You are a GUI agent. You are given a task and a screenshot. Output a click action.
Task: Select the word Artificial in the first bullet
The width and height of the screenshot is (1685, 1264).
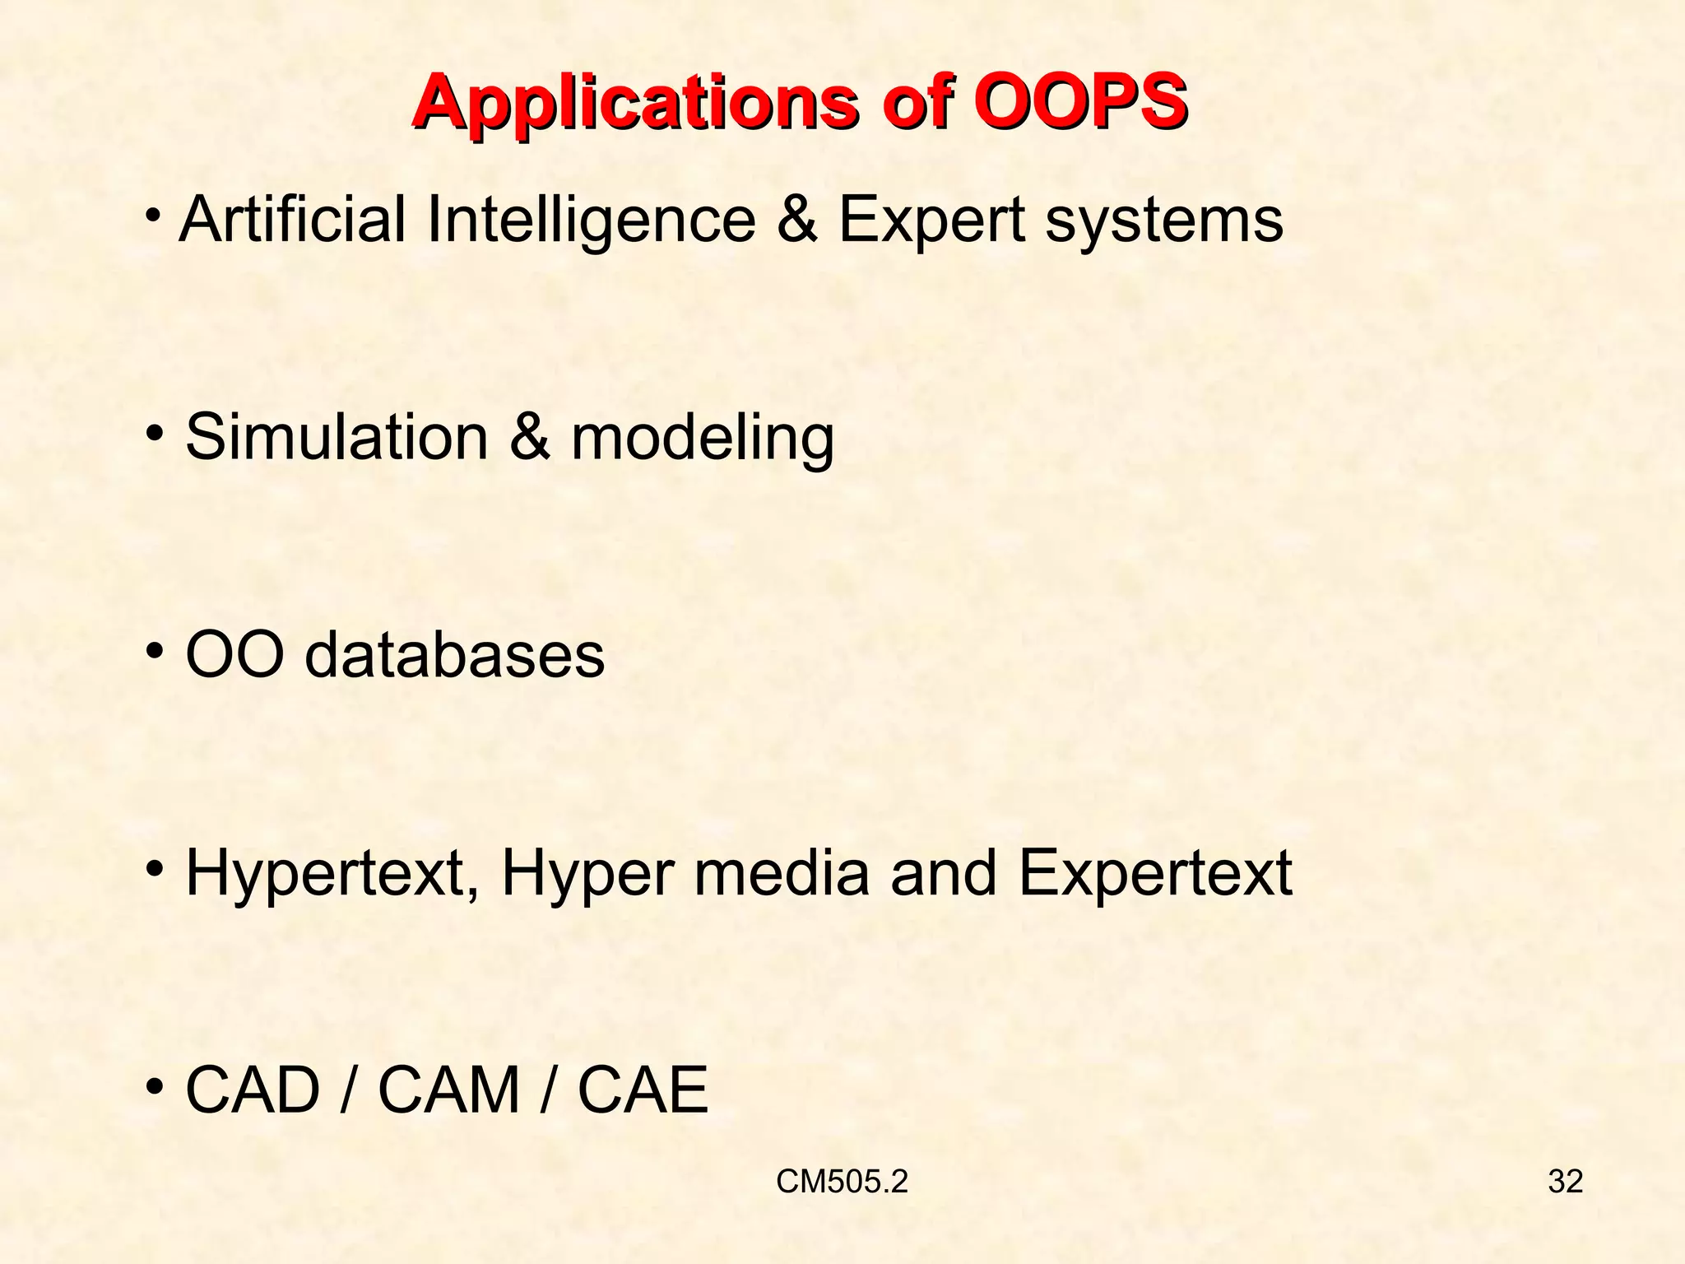pos(293,220)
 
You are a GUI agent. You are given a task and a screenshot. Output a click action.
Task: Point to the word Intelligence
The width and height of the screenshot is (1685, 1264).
pos(591,221)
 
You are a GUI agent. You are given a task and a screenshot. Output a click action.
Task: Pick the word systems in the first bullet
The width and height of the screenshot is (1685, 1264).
pos(1164,221)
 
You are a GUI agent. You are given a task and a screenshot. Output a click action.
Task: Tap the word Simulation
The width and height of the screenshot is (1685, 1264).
pos(337,437)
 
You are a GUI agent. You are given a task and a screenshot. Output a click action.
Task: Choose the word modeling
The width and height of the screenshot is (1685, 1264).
pos(703,439)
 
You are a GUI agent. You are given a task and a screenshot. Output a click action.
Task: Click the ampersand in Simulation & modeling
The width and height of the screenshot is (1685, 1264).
pos(529,437)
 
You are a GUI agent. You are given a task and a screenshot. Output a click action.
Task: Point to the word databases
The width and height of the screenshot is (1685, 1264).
pos(455,655)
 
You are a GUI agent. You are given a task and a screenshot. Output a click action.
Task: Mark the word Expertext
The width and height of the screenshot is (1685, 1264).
pos(1155,874)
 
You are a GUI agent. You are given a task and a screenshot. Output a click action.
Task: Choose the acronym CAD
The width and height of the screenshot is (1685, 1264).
pos(253,1090)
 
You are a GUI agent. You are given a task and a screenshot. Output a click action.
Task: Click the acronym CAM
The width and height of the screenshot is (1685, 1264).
pos(449,1090)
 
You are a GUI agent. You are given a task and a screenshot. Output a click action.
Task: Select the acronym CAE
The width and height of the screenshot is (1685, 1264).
pos(643,1090)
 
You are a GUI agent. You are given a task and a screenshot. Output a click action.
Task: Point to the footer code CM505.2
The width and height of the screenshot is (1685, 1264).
pos(842,1182)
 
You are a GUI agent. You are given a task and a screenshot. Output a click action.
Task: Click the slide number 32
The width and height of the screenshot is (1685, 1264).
pos(1565,1182)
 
